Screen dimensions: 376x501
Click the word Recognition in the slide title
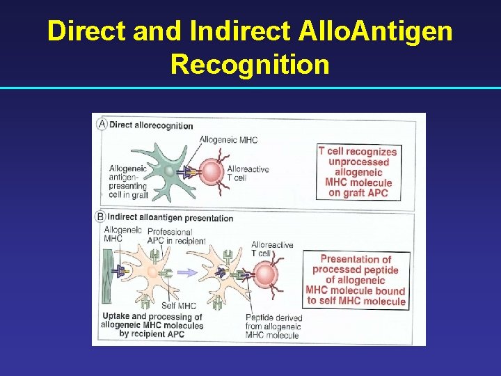[x=250, y=64]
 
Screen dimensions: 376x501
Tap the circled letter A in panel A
[x=102, y=125]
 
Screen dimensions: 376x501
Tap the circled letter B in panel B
[x=101, y=217]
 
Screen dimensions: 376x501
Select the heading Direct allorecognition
[x=151, y=125]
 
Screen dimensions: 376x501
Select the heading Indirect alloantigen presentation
[x=170, y=218]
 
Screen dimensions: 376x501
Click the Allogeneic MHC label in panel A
[x=228, y=140]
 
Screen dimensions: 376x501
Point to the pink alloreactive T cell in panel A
[x=211, y=170]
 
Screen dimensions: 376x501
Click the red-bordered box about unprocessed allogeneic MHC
[x=357, y=172]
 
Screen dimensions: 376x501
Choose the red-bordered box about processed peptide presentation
[x=356, y=280]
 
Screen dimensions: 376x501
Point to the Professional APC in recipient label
[x=176, y=236]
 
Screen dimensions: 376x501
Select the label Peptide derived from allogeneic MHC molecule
[x=273, y=327]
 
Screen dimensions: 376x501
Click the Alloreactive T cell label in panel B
[x=271, y=249]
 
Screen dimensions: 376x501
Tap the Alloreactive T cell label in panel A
[x=247, y=173]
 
